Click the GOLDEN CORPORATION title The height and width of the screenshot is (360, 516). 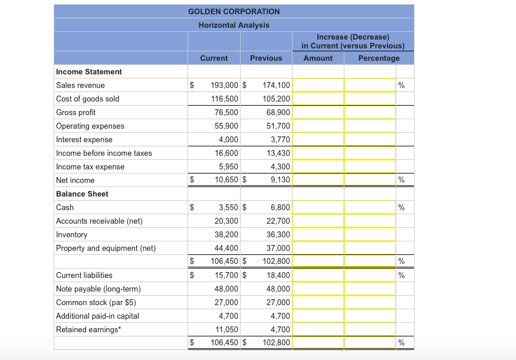click(234, 11)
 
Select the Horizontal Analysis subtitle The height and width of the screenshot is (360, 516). click(234, 25)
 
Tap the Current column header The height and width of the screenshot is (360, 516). click(213, 58)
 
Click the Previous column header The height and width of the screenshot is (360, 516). click(266, 58)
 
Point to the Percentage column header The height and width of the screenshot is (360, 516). click(379, 58)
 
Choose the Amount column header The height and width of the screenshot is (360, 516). click(318, 58)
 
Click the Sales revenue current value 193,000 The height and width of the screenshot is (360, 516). click(224, 85)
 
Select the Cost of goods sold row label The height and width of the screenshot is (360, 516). click(87, 99)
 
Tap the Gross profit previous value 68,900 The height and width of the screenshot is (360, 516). click(276, 112)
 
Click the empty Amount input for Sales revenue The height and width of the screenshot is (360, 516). click(318, 85)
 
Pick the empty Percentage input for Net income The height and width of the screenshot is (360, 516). click(370, 180)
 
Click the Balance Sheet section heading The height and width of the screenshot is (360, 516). click(82, 194)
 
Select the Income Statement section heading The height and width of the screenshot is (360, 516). click(88, 71)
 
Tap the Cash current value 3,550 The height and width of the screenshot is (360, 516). click(228, 207)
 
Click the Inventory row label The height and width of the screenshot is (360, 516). click(71, 234)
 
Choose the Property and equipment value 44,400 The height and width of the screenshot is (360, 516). click(226, 248)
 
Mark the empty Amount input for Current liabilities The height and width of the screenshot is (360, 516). click(318, 275)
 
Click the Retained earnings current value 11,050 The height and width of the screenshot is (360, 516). click(226, 329)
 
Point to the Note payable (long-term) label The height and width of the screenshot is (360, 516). click(98, 289)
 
